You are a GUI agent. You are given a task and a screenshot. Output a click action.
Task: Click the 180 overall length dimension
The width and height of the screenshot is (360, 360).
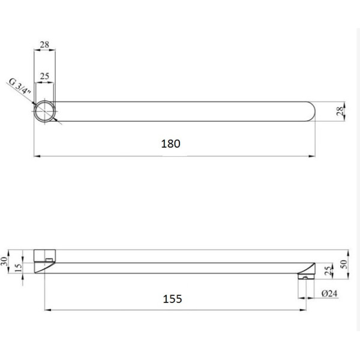(x=171, y=144)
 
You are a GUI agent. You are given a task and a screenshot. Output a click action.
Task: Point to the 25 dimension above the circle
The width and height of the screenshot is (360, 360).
(x=44, y=77)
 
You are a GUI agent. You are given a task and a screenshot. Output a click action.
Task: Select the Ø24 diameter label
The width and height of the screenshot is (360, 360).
(x=329, y=293)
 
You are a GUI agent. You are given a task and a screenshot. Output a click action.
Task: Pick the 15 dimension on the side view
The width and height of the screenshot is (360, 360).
(x=19, y=267)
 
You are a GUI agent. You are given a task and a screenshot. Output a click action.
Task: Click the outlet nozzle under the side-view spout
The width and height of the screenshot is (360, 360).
(x=305, y=277)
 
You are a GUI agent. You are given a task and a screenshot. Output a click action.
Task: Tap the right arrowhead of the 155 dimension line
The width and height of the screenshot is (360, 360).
(x=304, y=310)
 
